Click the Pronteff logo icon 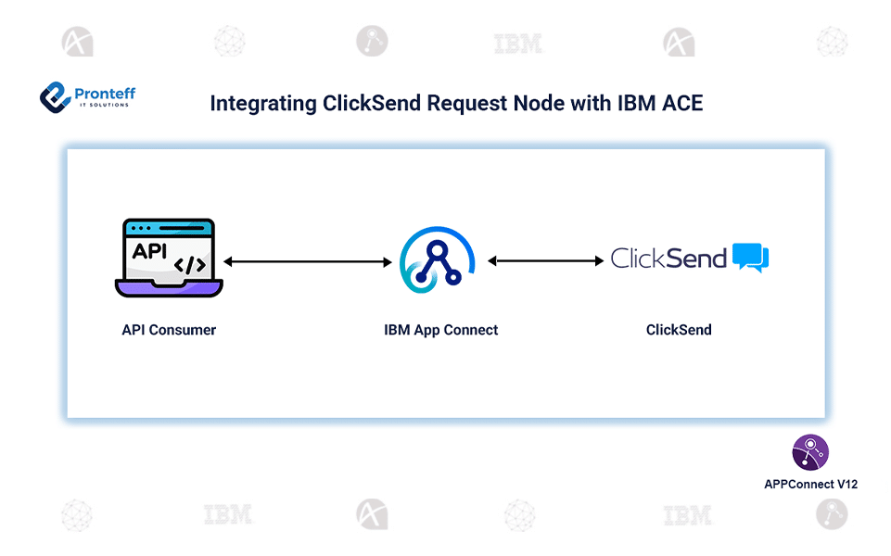click(x=56, y=96)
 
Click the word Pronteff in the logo click(x=105, y=93)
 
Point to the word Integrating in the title click(x=262, y=103)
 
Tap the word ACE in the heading click(x=681, y=103)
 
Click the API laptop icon click(x=169, y=259)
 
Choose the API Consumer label click(x=169, y=330)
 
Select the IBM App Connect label click(x=440, y=330)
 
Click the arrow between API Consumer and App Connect click(x=308, y=262)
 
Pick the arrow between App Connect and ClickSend click(x=545, y=261)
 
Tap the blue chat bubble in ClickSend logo click(x=750, y=258)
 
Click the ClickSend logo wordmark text click(x=668, y=259)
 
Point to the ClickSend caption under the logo click(x=679, y=330)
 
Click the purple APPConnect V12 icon click(x=809, y=452)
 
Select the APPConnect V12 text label click(x=810, y=484)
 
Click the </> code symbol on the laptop click(x=190, y=265)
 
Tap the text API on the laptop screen click(x=150, y=250)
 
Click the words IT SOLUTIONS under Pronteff click(x=104, y=105)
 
